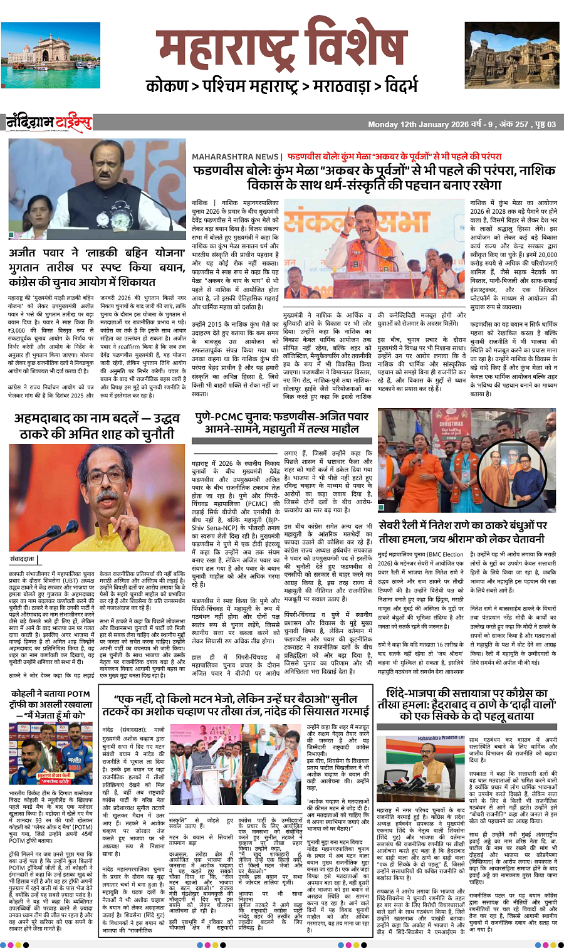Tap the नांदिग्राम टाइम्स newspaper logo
(50, 123)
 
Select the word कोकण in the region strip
(167, 85)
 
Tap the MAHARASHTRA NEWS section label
(235, 156)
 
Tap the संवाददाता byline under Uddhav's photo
(24, 558)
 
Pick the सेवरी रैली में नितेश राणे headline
(462, 532)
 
